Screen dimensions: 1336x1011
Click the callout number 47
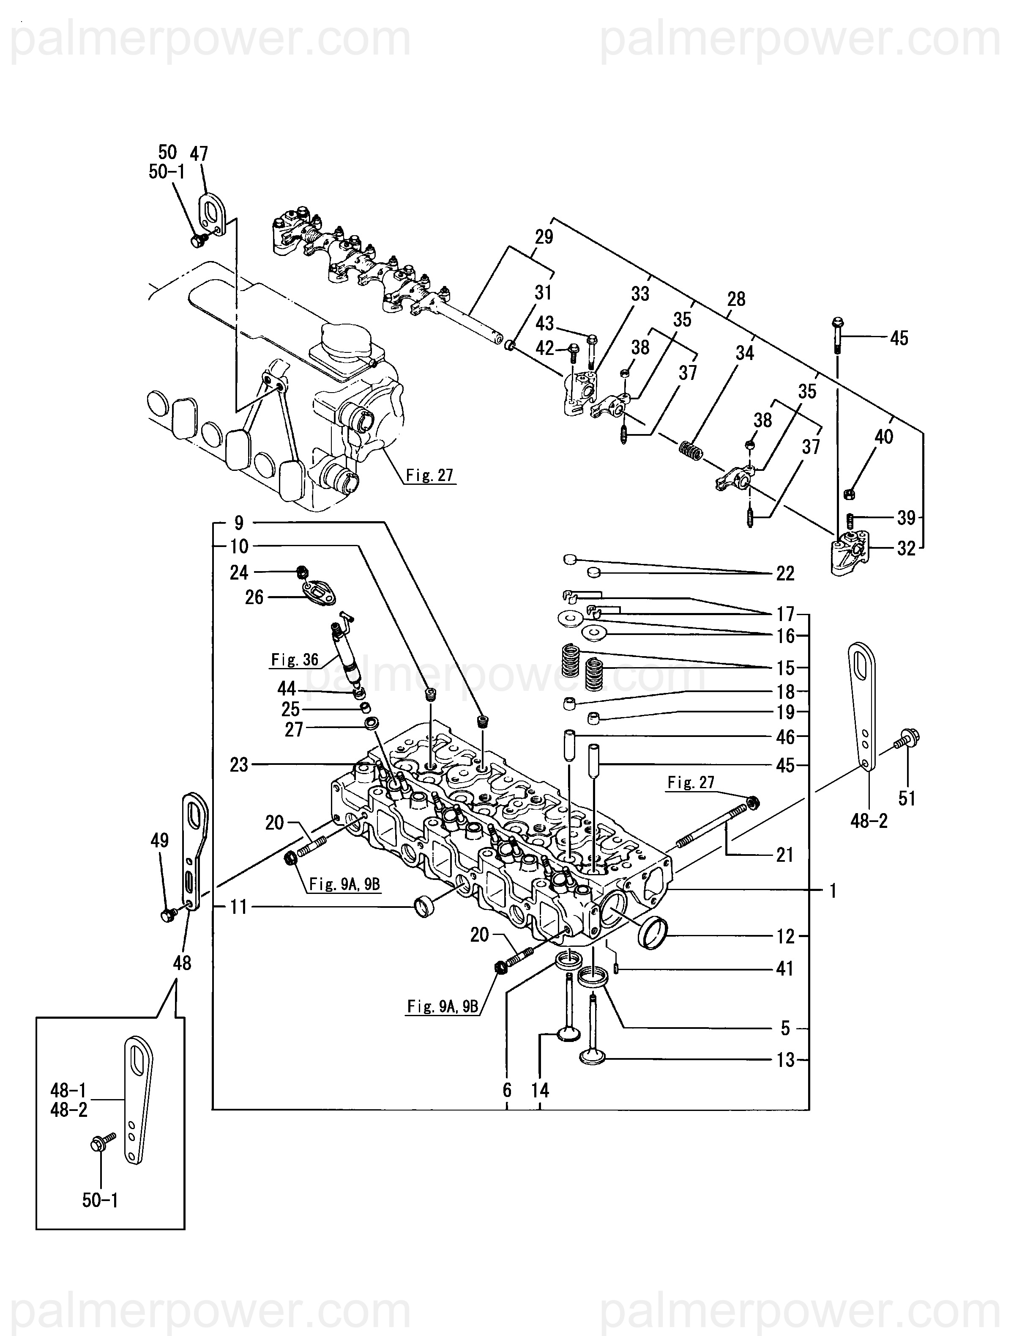[199, 154]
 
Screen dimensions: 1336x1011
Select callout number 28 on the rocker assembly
[736, 299]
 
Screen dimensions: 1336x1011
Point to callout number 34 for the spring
[745, 353]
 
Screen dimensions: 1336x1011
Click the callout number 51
[907, 798]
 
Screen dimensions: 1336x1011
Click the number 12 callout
[785, 936]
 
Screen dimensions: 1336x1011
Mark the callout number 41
[784, 969]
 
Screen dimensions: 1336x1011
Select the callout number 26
[254, 597]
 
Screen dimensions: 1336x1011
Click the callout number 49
[159, 840]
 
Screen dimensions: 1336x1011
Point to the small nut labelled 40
[848, 493]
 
